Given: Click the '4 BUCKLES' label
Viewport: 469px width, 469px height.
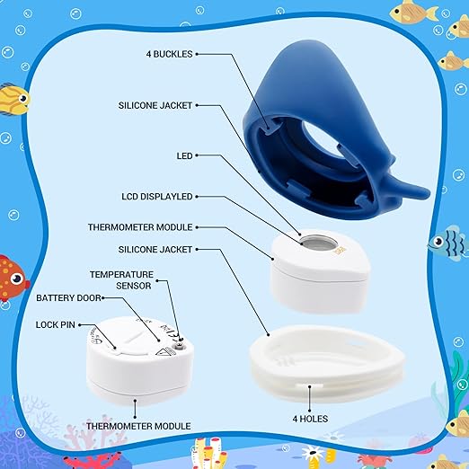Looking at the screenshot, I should (x=168, y=53).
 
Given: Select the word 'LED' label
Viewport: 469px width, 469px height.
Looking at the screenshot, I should (x=185, y=155).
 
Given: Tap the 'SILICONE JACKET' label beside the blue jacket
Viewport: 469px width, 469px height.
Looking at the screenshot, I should (x=155, y=104).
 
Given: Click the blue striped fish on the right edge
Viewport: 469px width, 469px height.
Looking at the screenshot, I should (x=446, y=242).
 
